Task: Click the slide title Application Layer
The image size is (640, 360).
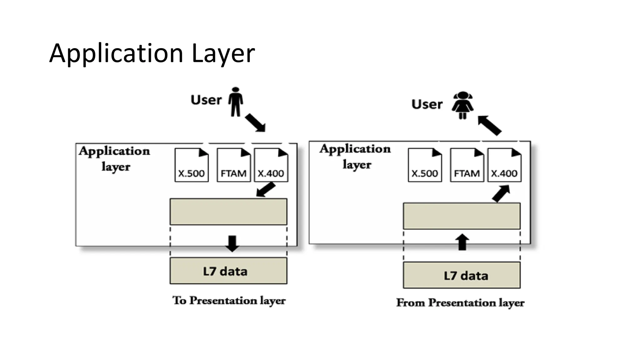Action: coord(152,53)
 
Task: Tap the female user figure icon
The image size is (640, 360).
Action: coord(462,105)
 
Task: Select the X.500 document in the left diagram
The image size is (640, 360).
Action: coord(191,165)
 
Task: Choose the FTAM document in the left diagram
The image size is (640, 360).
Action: coord(233,165)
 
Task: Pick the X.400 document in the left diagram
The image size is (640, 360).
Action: coord(271,165)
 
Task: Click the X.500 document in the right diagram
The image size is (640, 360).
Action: coord(425,165)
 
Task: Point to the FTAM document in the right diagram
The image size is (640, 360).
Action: coord(467,165)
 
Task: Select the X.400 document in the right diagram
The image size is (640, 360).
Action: coord(504,165)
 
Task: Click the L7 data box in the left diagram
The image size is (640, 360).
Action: coord(228,271)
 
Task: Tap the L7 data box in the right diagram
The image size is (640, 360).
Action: coord(462,275)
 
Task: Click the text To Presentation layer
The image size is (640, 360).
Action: coord(229,301)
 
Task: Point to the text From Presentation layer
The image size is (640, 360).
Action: coord(460,303)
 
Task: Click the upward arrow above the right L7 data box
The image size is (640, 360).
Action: coord(462,242)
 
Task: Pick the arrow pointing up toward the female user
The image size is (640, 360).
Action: coord(489,125)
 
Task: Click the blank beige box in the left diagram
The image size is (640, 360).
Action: coord(228,212)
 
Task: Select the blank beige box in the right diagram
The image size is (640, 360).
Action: coord(462,216)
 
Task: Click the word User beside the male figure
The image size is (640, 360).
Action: coord(206,100)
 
